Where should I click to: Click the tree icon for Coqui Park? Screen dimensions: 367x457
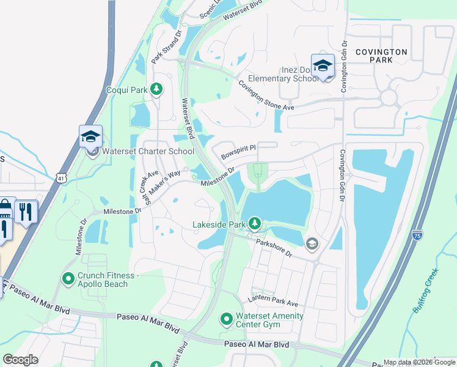pos(156,90)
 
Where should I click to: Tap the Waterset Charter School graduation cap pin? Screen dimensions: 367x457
pos(90,136)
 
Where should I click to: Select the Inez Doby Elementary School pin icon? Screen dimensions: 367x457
pos(323,65)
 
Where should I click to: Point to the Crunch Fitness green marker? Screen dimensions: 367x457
pos(68,280)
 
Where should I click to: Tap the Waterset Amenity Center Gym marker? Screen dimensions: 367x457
pos(225,319)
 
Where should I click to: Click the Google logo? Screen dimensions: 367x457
pos(21,360)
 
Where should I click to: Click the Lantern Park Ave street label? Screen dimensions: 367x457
pos(272,300)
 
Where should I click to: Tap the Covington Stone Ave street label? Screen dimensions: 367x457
pos(266,95)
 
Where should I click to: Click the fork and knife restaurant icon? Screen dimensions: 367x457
pos(26,212)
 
